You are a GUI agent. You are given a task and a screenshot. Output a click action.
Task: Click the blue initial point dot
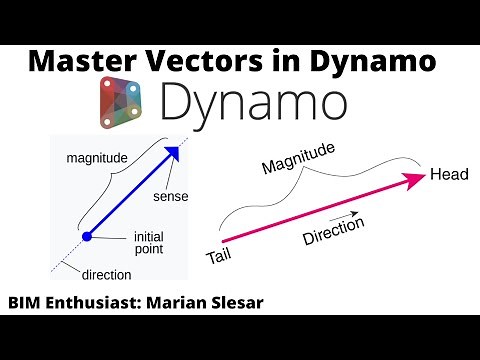[x=87, y=236]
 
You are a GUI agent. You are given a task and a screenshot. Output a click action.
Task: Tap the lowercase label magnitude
[x=96, y=158]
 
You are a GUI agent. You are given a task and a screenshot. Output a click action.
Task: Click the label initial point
[x=148, y=243]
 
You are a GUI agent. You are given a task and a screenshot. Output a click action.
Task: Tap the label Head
[x=449, y=175]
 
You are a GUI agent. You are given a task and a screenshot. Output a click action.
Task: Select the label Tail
[x=218, y=257]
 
